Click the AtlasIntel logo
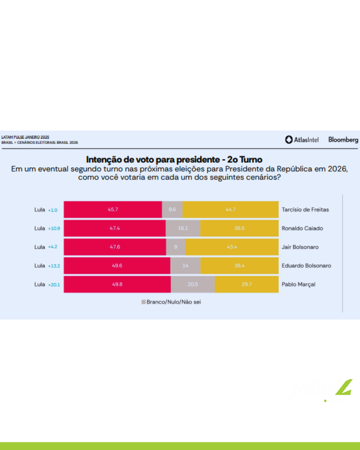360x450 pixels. pos(302,140)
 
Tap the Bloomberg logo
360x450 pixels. pos(343,140)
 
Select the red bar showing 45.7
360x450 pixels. pos(113,209)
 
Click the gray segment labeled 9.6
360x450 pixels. pos(172,209)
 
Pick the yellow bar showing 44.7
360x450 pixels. pos(230,209)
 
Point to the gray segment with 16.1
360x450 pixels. pos(183,228)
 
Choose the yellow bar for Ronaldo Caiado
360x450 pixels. pos(239,228)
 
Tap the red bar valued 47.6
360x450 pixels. pos(115,247)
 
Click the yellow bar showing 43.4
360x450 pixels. pos(232,247)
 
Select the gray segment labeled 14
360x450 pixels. pos(185,266)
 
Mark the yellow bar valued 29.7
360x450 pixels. pos(247,284)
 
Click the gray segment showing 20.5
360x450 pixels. pos(193,284)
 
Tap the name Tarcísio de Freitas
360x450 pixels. pos(305,210)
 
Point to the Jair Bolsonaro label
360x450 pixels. pos(300,247)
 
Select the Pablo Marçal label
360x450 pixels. pos(298,284)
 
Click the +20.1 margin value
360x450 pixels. pos(54,285)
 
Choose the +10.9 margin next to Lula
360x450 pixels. pos(54,228)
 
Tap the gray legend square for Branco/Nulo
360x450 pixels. pos(143,302)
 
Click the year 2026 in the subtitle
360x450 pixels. pos(337,169)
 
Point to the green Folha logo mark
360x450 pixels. pos(344,387)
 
